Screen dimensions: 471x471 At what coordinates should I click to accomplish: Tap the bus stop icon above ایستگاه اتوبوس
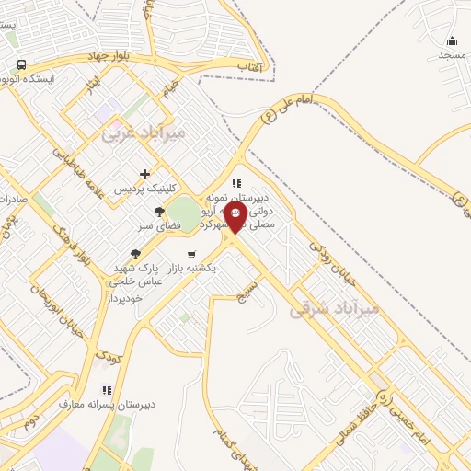click(x=21, y=64)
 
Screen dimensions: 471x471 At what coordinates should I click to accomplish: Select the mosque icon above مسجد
click(x=452, y=40)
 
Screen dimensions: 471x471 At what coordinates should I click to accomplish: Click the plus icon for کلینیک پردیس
click(x=144, y=173)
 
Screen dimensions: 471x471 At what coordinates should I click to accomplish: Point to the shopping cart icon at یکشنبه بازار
click(x=191, y=255)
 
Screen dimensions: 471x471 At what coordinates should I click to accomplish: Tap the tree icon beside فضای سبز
click(x=160, y=213)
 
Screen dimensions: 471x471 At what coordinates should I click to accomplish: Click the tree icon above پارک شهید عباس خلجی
click(x=136, y=255)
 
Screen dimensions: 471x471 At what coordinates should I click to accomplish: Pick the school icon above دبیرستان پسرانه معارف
click(x=107, y=390)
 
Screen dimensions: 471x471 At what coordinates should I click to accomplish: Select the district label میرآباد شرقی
click(x=334, y=310)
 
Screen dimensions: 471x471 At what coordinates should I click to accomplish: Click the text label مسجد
click(x=452, y=55)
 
